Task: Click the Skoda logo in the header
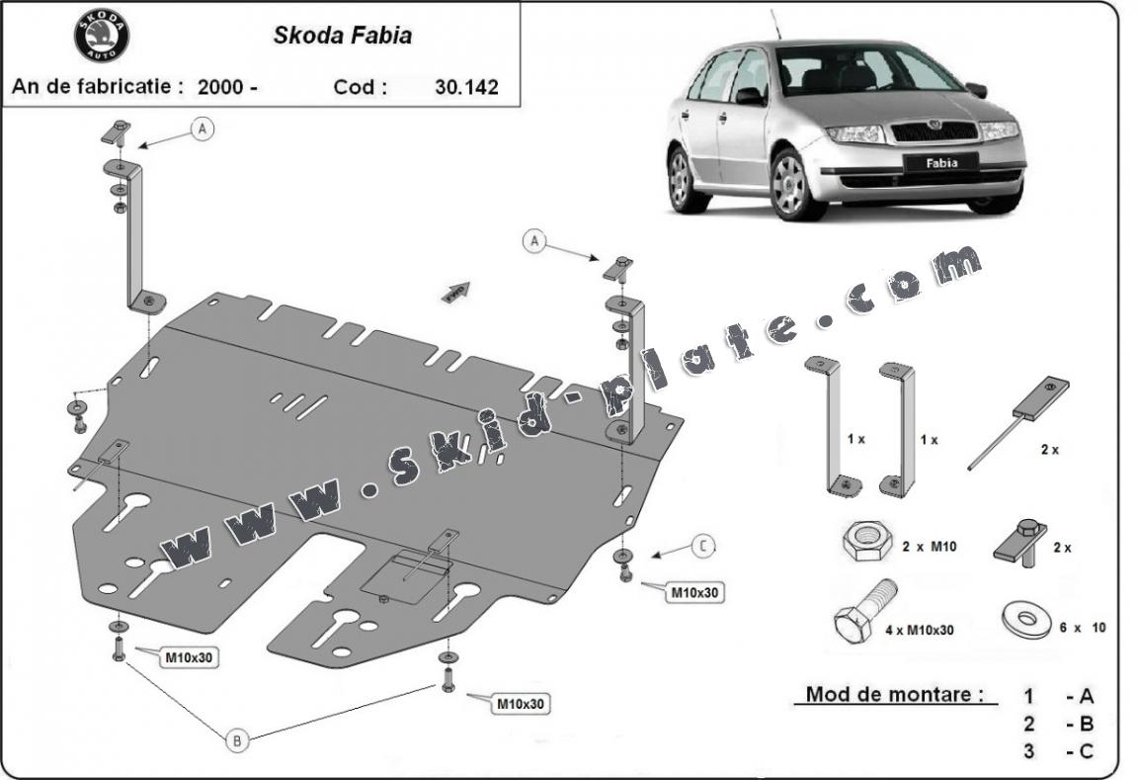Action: [x=102, y=37]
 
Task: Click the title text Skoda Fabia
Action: [x=342, y=36]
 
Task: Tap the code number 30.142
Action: [x=466, y=86]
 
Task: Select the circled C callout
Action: [x=703, y=545]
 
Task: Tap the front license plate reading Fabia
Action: [x=940, y=163]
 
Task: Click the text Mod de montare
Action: [x=895, y=694]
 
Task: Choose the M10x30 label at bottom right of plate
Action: [x=521, y=704]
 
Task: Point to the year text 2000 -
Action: [x=227, y=86]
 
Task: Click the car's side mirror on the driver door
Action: [x=750, y=96]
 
